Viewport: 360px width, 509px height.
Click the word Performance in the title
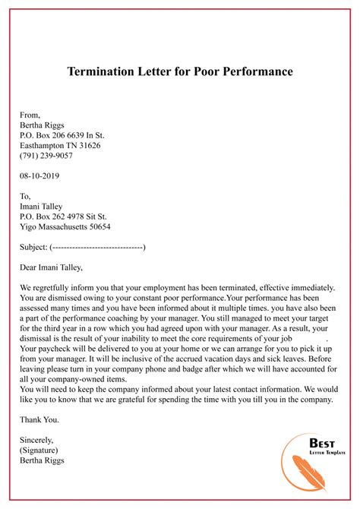point(252,73)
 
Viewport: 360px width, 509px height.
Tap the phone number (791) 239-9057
point(46,156)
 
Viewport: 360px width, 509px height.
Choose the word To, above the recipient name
point(27,196)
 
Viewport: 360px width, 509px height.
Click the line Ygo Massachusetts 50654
point(65,226)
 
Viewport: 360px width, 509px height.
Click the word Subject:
point(34,247)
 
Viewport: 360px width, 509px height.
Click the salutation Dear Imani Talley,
point(56,267)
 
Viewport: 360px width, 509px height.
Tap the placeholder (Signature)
point(42,450)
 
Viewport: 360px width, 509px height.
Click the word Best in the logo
point(321,444)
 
